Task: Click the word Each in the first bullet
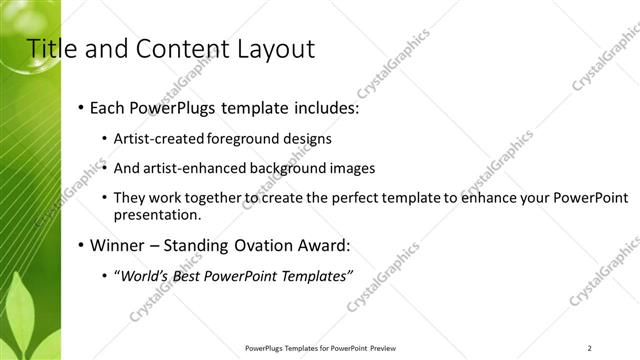point(108,107)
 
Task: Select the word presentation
point(156,214)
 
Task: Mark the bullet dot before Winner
point(80,245)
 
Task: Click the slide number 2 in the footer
point(589,347)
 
